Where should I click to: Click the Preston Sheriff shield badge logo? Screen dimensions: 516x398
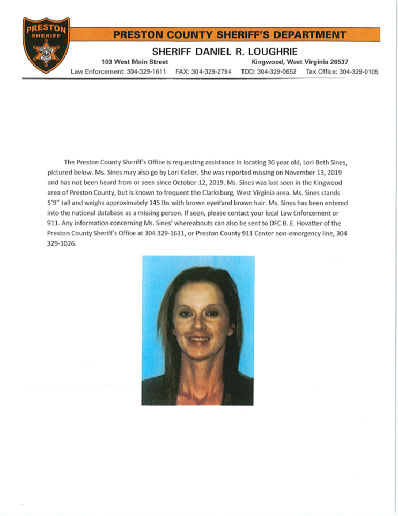[46, 45]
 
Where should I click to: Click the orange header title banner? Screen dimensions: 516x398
[229, 35]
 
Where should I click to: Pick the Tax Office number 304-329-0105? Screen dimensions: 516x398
[358, 71]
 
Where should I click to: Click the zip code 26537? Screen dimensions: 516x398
[337, 62]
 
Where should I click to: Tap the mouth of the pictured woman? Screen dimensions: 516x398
[199, 340]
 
